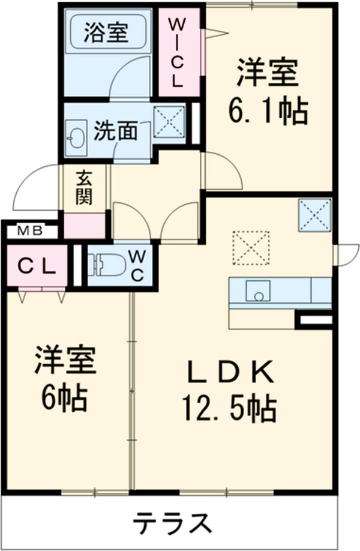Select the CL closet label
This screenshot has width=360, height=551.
[33, 265]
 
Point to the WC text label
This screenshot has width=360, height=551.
[137, 265]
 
